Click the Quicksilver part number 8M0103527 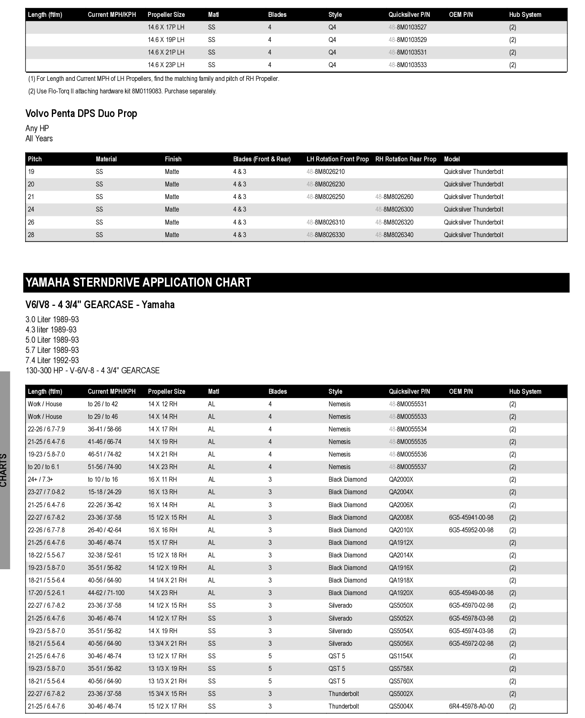(x=408, y=27)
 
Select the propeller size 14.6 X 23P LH (x=166, y=65)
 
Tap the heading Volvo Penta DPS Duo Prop (x=81, y=113)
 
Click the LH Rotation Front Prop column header (x=337, y=159)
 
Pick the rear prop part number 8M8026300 (x=394, y=209)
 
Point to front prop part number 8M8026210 (x=325, y=172)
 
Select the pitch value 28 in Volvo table (x=31, y=235)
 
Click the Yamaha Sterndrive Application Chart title (x=138, y=282)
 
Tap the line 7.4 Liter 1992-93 (x=52, y=360)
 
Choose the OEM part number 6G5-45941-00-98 (x=471, y=517)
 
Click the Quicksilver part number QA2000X (x=401, y=479)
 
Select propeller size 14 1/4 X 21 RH (x=167, y=580)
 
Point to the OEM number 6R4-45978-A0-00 (x=471, y=706)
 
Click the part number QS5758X (x=401, y=669)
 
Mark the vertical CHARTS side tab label (x=4, y=470)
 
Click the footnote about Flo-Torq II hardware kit (x=122, y=91)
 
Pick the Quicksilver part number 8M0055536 (x=408, y=454)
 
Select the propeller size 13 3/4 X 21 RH (x=167, y=643)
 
